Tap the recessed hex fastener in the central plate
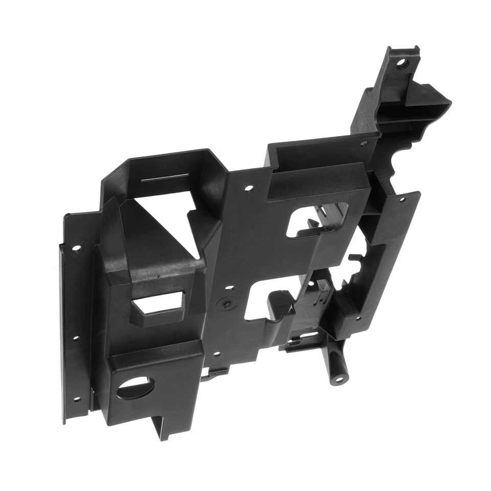coord(227,303)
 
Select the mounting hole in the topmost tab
coord(401,64)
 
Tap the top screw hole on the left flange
coord(76,249)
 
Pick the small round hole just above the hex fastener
coord(230,288)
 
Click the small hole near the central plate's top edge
coord(249,188)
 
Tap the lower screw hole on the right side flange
coord(358,318)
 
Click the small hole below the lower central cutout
coord(217,353)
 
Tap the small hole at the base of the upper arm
coord(364,144)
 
